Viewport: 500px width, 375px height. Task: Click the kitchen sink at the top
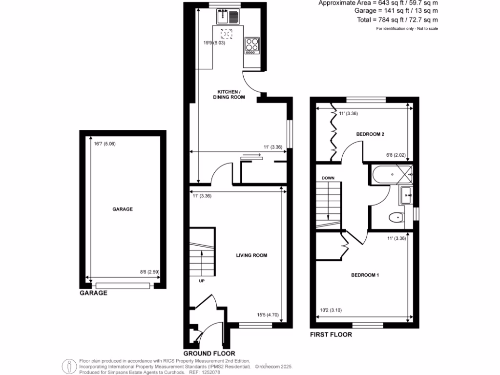tap(228, 17)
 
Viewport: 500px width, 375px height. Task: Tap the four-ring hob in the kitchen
tap(252, 45)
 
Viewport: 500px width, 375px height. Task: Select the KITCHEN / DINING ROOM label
tap(228, 95)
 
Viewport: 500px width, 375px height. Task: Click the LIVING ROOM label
tap(251, 255)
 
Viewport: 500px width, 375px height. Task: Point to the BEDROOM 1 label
tap(365, 275)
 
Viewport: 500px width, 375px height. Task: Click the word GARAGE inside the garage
tap(123, 209)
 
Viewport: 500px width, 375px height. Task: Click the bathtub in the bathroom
tap(392, 174)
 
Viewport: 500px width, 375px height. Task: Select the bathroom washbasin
tap(406, 196)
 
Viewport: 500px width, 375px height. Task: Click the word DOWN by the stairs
tap(328, 178)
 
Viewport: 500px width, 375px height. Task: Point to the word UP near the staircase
tap(201, 281)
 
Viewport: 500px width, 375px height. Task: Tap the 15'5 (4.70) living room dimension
tap(268, 315)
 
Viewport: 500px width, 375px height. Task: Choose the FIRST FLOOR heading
tap(331, 335)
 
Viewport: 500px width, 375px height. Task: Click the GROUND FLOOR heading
tap(209, 353)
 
